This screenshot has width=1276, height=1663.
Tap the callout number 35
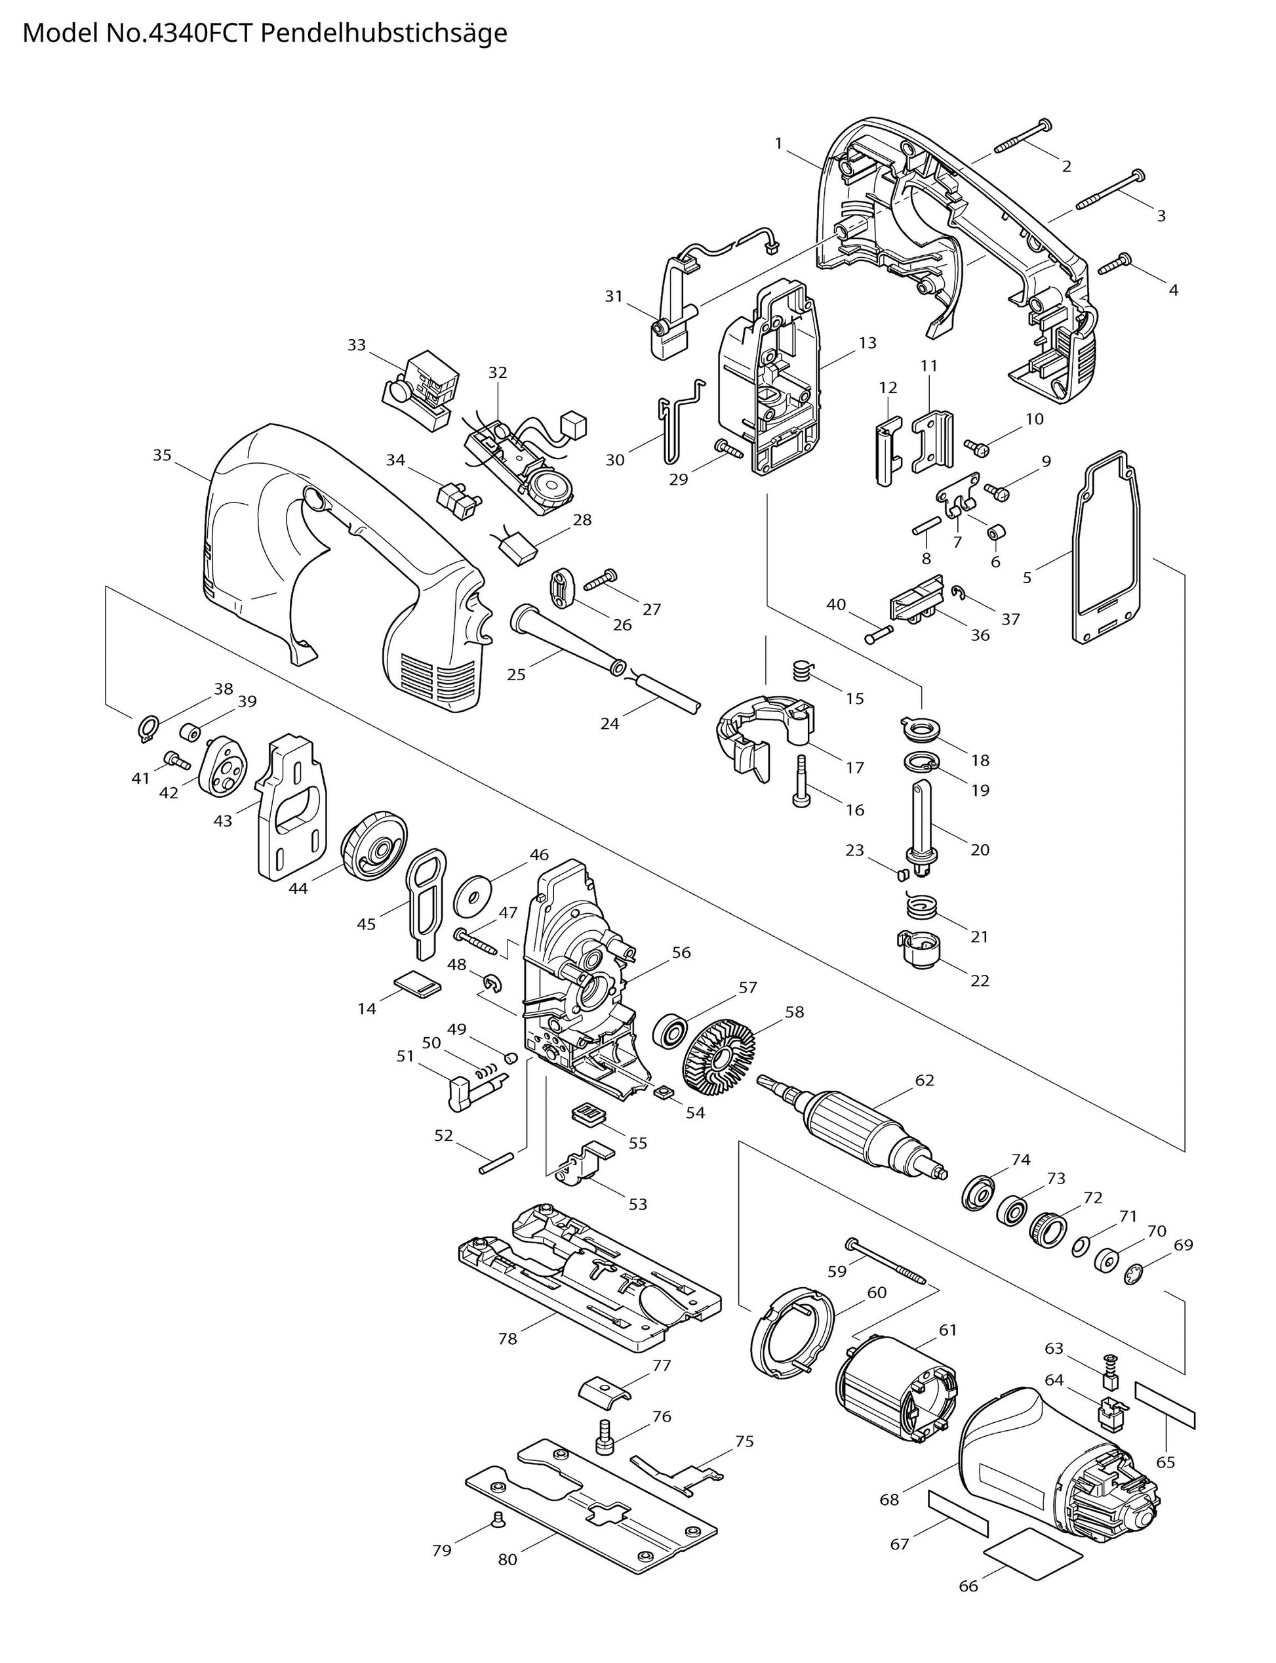coord(162,455)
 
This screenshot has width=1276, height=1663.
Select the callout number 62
coord(925,1080)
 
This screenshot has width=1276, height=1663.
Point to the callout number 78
coord(508,1359)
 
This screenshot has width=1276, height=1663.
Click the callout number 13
coord(867,342)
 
